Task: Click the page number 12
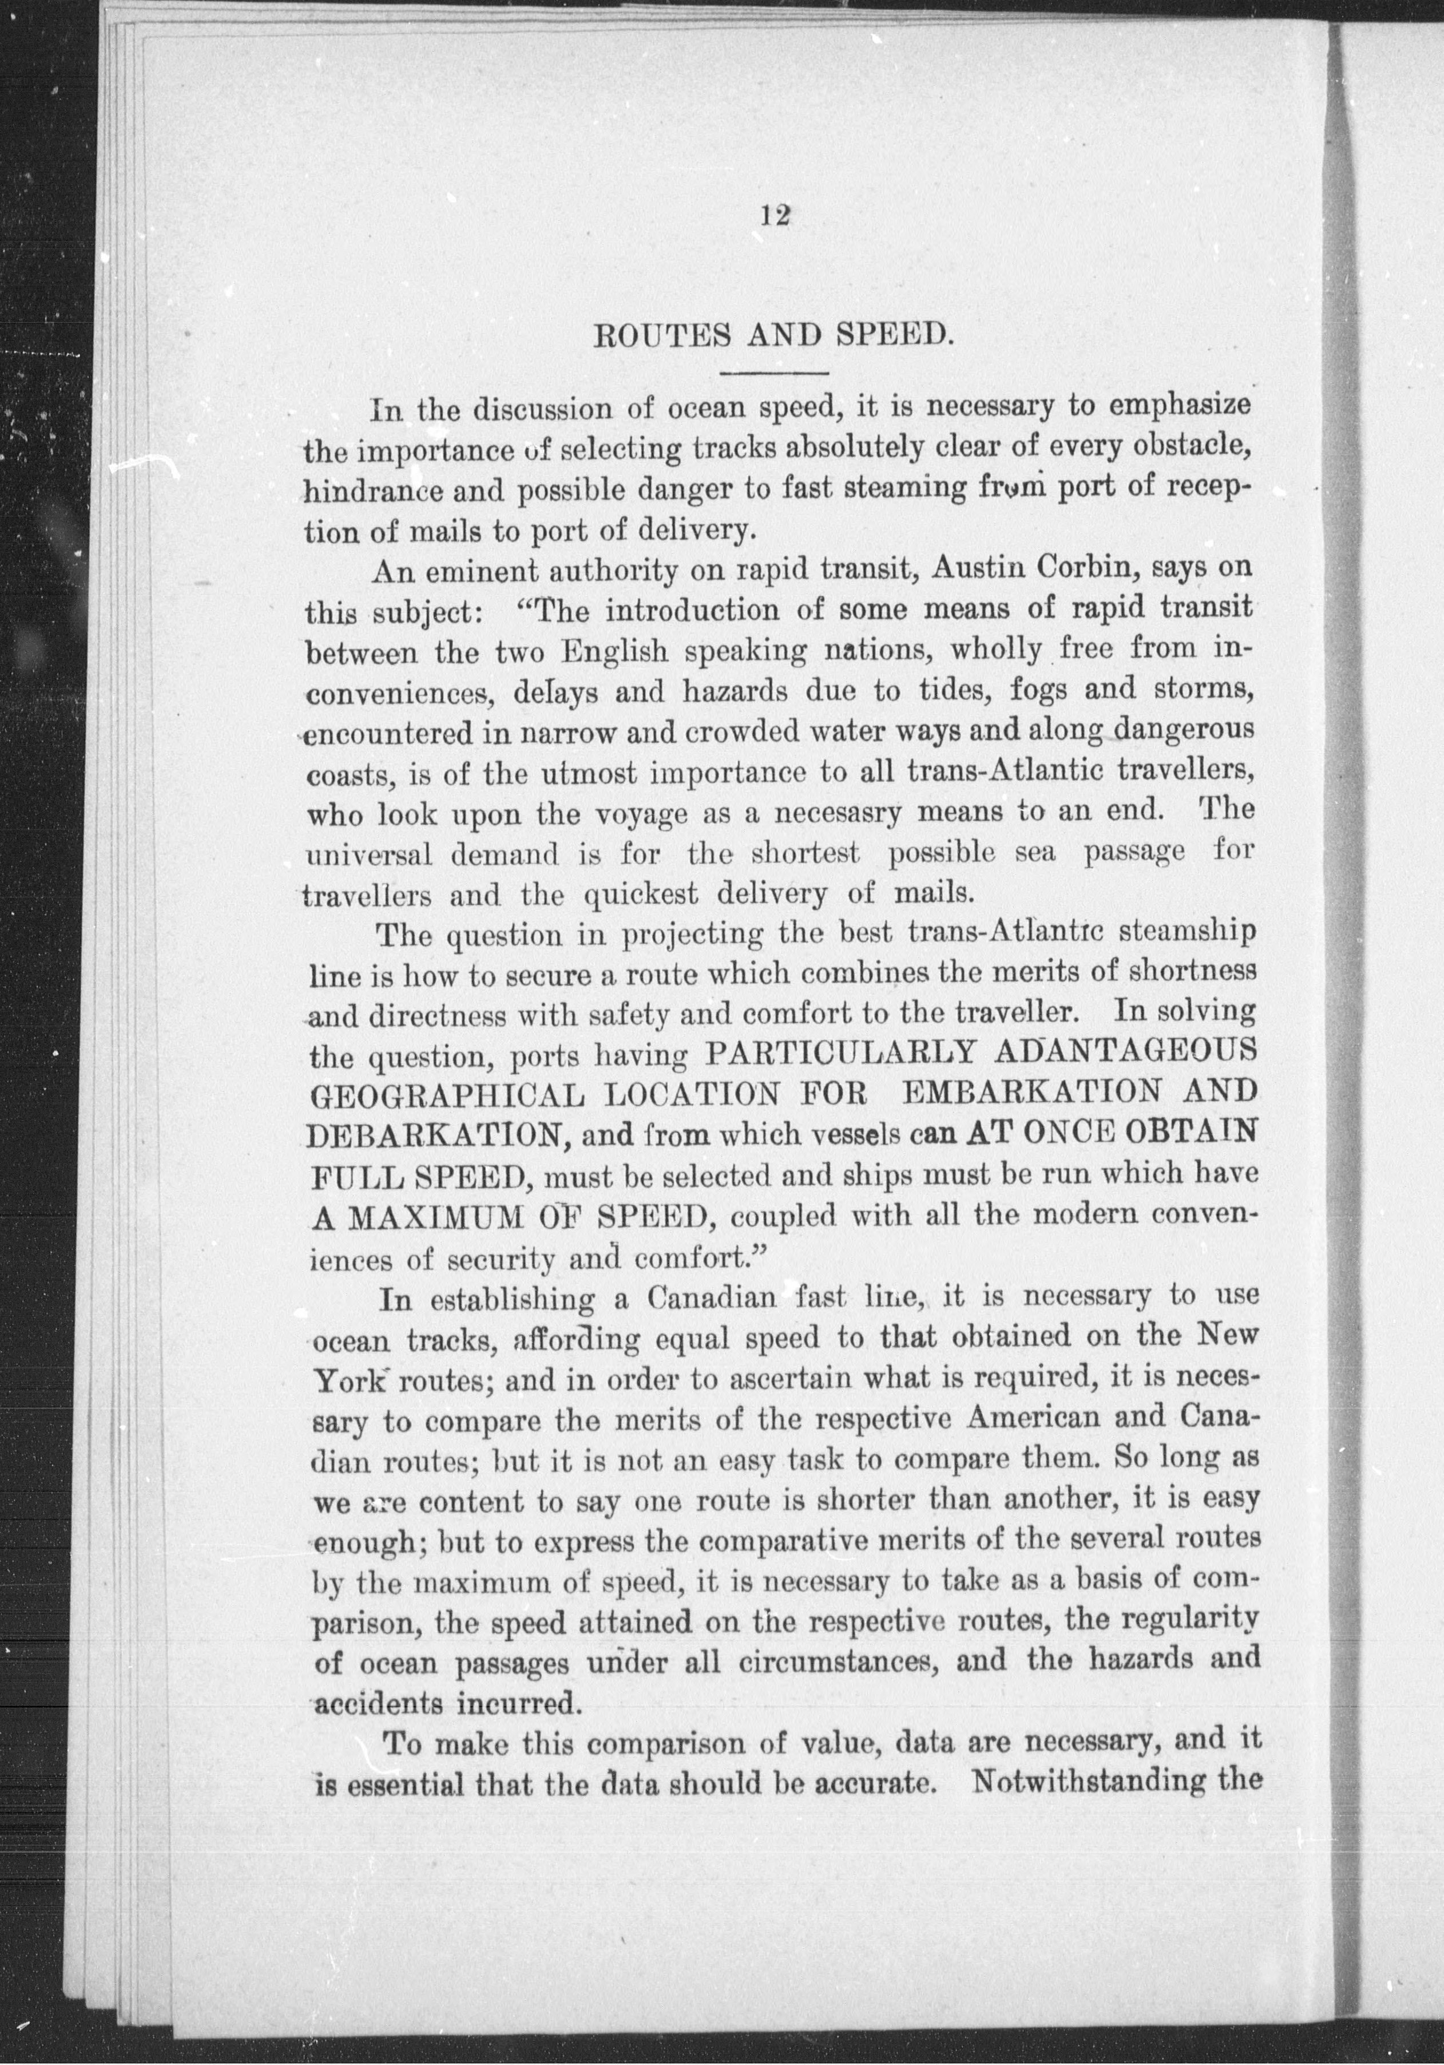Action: (774, 215)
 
